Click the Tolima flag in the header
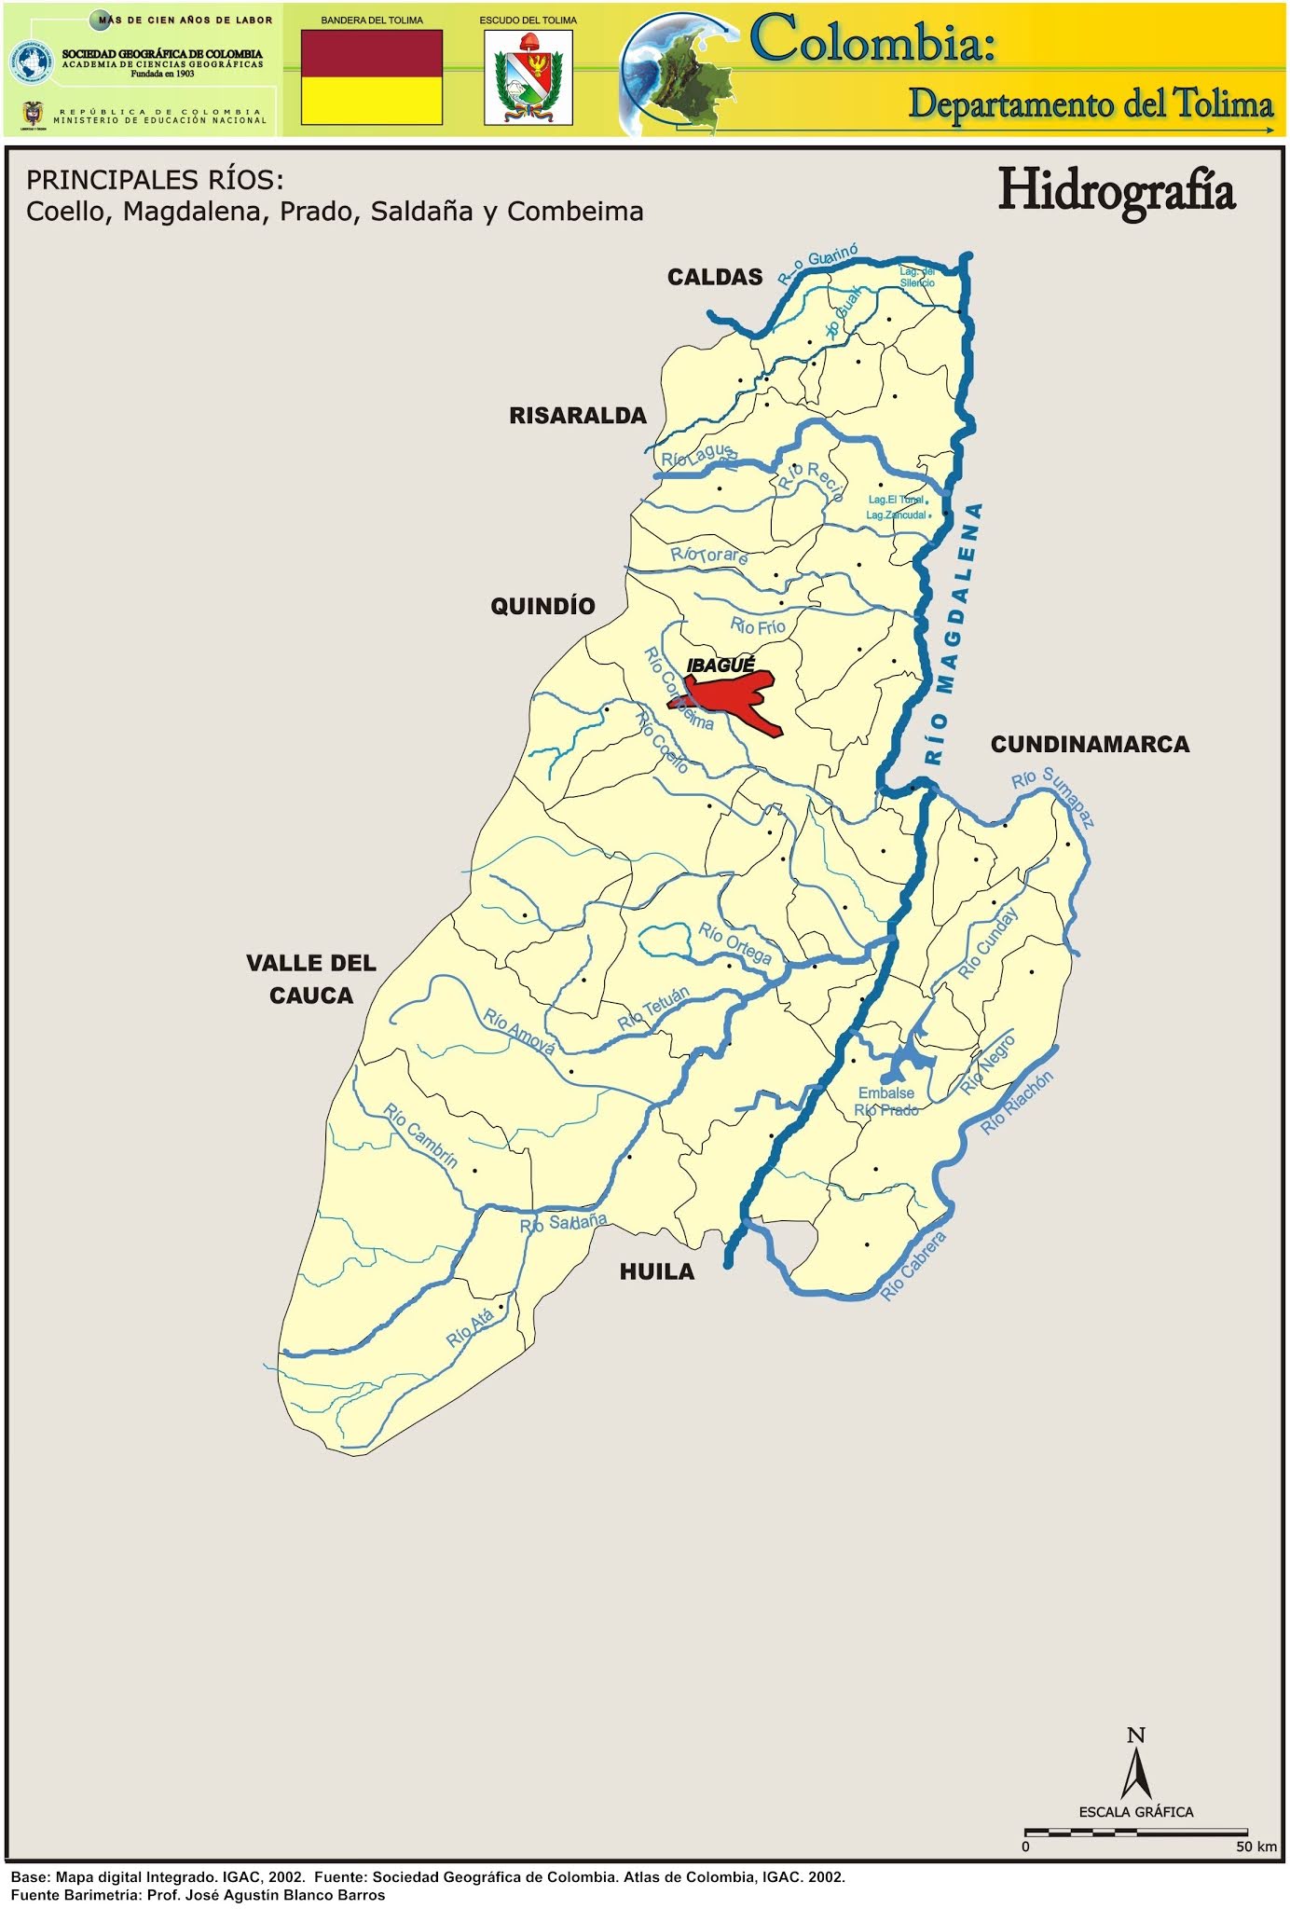tap(371, 76)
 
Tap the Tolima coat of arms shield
tap(528, 78)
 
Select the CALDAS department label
tap(715, 277)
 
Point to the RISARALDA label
tap(577, 416)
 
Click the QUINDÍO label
tap(542, 606)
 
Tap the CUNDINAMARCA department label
tap(1090, 745)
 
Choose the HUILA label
tap(657, 1271)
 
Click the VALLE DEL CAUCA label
tap(311, 979)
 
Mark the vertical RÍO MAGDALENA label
tap(953, 634)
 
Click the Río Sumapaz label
tap(1054, 796)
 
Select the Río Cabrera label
tap(914, 1266)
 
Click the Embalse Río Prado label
tap(886, 1102)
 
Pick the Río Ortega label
tap(735, 943)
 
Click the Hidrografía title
tap(1116, 190)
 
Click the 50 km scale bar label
tap(1256, 1847)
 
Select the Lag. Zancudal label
tap(896, 515)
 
